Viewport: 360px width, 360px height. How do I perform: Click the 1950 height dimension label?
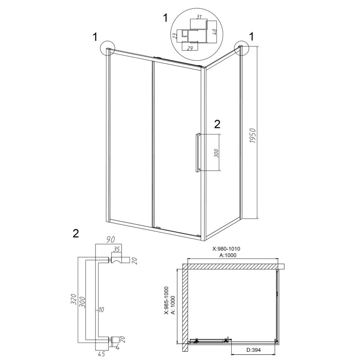[253, 136]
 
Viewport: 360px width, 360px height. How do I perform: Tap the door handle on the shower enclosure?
[197, 152]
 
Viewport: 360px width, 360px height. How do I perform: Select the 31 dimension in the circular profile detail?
[199, 17]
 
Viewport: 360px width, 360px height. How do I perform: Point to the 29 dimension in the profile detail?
[189, 48]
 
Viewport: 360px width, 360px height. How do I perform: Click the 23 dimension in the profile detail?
[175, 36]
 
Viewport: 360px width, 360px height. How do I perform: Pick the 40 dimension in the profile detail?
[215, 32]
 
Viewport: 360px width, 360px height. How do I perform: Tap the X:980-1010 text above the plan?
[226, 249]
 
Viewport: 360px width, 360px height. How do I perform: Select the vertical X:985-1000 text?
[166, 300]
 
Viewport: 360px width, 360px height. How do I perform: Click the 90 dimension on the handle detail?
[110, 240]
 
